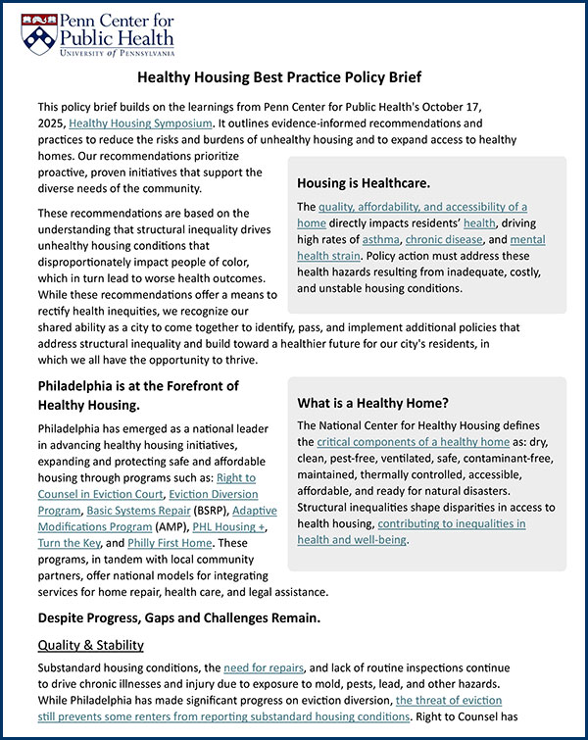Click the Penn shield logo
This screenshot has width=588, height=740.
37,34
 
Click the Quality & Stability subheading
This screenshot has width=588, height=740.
90,645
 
